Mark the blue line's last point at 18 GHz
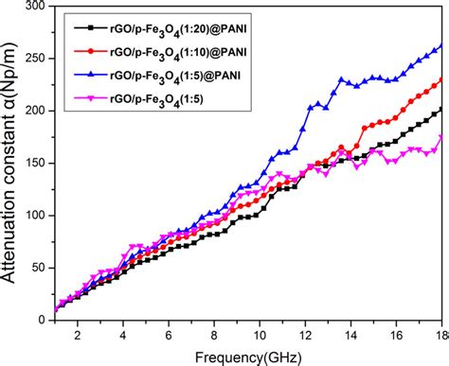pyautogui.click(x=440, y=46)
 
